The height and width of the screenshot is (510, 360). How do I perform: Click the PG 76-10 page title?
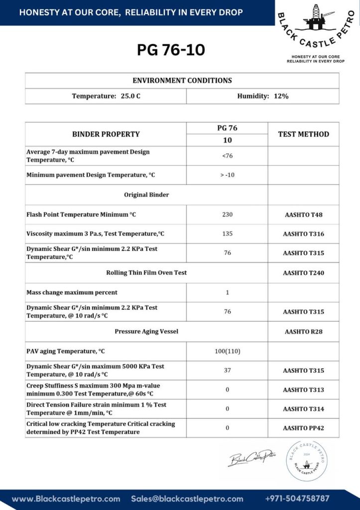(171, 50)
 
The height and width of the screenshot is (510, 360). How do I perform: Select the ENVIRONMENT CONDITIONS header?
(182, 80)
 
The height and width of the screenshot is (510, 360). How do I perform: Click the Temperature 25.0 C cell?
(106, 96)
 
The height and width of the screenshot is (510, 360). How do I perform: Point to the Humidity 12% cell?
(262, 96)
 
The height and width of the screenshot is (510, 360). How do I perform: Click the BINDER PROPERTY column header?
(106, 134)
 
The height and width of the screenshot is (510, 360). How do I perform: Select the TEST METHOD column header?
(303, 134)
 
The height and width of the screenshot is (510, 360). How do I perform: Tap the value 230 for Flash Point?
(227, 215)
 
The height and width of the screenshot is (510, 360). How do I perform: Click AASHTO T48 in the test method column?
(303, 215)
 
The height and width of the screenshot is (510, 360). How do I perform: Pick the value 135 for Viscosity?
(227, 234)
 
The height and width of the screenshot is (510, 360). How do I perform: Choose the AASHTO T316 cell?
(303, 234)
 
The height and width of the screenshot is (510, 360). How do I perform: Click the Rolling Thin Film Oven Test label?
(146, 272)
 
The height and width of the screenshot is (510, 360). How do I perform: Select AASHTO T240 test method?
(303, 272)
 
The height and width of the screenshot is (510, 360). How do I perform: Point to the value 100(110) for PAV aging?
(227, 351)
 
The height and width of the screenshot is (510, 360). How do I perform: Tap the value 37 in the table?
(227, 371)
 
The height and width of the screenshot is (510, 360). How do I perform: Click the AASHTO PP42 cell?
(303, 428)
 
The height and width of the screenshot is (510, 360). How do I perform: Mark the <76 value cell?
(227, 156)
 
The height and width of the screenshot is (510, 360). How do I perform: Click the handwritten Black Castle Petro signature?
(251, 458)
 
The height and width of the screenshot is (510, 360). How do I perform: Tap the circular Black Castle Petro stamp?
(307, 461)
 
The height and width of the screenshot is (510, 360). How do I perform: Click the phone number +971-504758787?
(297, 499)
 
